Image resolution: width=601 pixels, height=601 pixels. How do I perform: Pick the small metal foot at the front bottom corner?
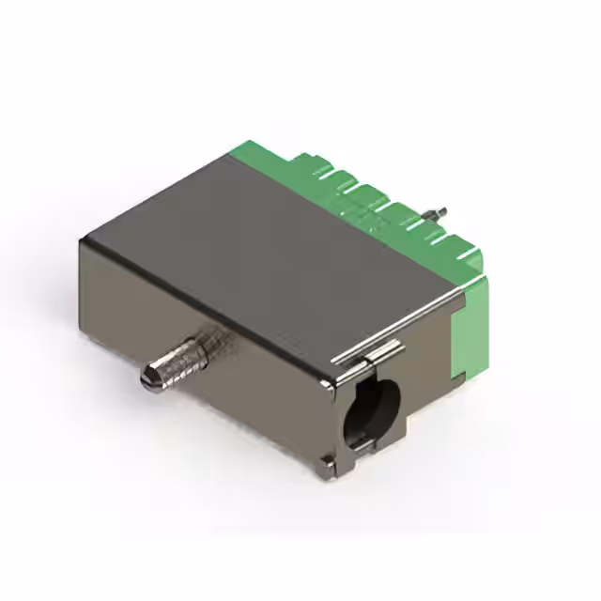(x=326, y=459)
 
